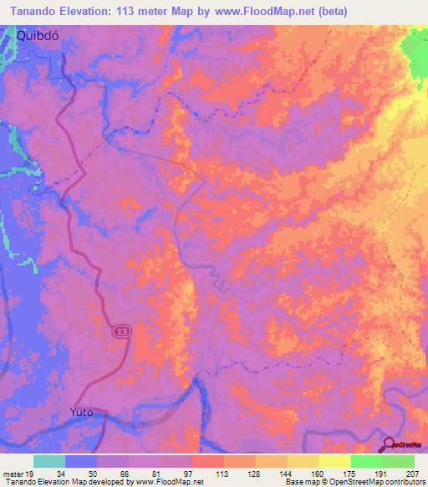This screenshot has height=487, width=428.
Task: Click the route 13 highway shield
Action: click(x=122, y=331)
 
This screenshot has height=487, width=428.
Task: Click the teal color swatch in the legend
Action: click(x=49, y=461)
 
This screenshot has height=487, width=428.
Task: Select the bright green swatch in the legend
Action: click(x=367, y=461)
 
